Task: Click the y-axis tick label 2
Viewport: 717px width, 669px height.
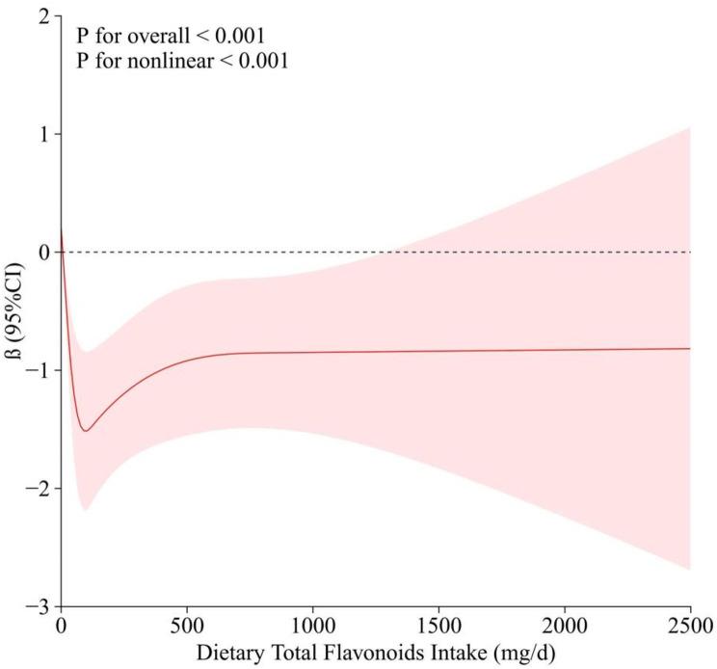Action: (43, 16)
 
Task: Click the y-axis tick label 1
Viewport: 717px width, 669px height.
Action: (43, 134)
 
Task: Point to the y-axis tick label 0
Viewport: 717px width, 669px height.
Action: (43, 253)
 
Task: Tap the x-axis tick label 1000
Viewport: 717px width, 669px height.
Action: (312, 625)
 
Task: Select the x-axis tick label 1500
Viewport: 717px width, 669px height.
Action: (438, 625)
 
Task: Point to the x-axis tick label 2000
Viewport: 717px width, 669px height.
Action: (565, 625)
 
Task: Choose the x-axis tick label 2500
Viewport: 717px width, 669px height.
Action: (689, 625)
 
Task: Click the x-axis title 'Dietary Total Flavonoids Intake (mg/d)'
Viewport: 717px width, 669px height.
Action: (375, 652)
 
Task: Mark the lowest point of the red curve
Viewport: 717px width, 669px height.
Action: (86, 431)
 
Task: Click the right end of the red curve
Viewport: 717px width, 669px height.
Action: (690, 348)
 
